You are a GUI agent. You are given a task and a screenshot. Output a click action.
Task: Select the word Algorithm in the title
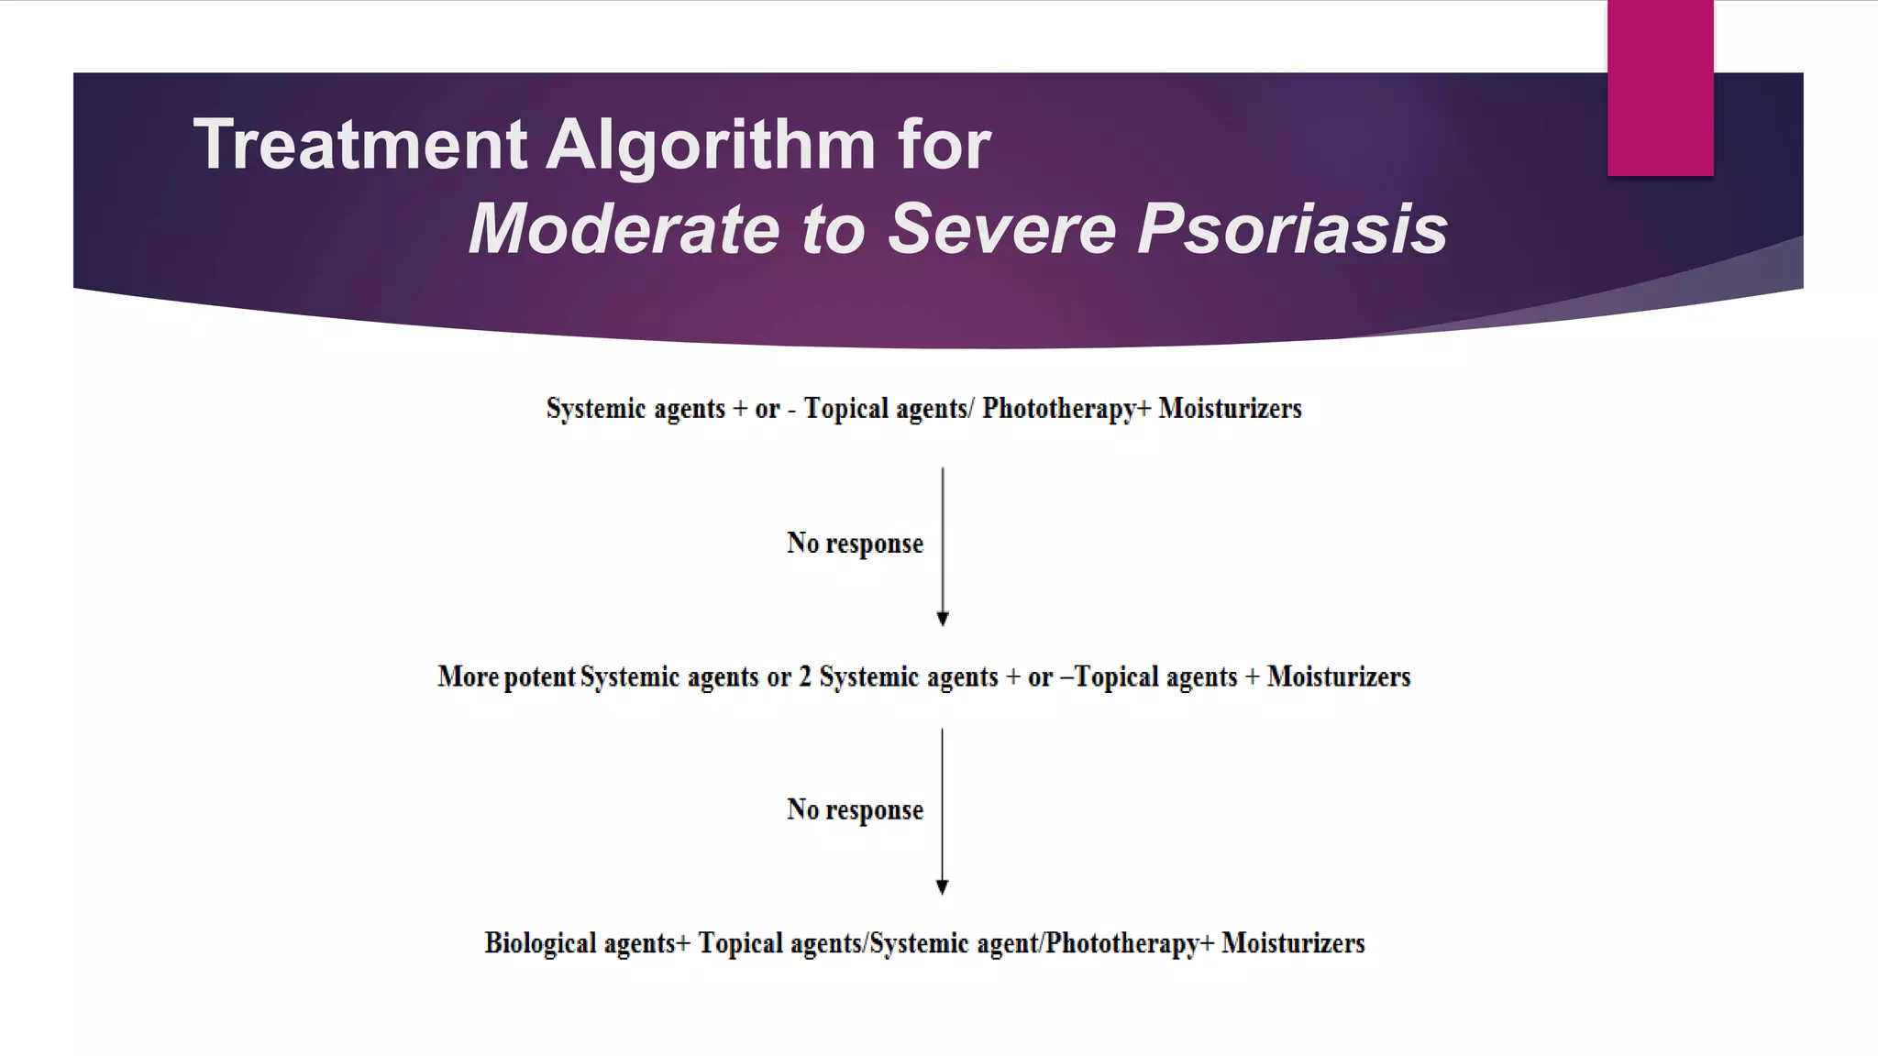click(711, 145)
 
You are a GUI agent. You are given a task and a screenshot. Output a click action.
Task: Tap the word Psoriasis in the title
click(1292, 229)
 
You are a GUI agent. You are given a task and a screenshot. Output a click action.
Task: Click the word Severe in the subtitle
click(1001, 229)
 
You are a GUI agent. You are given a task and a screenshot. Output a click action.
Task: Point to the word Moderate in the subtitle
click(624, 229)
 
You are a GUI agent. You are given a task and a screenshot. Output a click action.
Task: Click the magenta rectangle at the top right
click(1660, 87)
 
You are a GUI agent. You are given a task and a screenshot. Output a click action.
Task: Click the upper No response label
click(855, 544)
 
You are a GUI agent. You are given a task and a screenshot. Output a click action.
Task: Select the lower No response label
click(855, 810)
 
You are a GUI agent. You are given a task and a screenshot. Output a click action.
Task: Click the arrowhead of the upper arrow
click(942, 619)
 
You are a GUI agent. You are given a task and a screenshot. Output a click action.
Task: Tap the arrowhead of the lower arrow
click(942, 886)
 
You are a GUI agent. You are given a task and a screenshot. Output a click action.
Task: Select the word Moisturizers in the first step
click(1230, 409)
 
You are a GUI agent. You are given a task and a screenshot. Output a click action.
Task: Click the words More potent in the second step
click(506, 677)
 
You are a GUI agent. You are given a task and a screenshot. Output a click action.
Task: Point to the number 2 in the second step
click(805, 677)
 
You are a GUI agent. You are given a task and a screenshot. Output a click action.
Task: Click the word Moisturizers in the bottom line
click(1293, 943)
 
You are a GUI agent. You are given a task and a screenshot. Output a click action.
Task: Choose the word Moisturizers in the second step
click(1339, 677)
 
